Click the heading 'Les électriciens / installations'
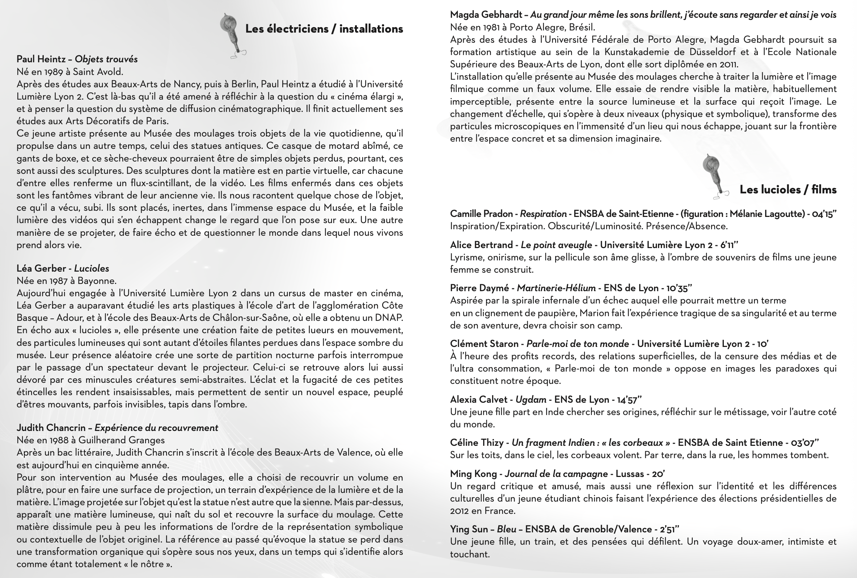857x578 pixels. [324, 29]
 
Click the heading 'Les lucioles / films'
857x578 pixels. [788, 189]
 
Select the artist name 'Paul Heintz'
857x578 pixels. [41, 59]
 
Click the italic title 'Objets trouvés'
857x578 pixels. [106, 59]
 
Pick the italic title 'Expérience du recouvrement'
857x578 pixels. [156, 428]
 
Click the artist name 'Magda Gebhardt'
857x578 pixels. [486, 15]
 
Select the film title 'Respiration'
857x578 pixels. [543, 214]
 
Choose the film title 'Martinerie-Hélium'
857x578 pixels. [556, 288]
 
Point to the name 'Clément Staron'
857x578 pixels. [484, 344]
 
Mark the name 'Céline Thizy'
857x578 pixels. [477, 443]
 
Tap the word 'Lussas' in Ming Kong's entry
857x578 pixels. [630, 474]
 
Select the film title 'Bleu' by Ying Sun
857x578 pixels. [506, 529]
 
